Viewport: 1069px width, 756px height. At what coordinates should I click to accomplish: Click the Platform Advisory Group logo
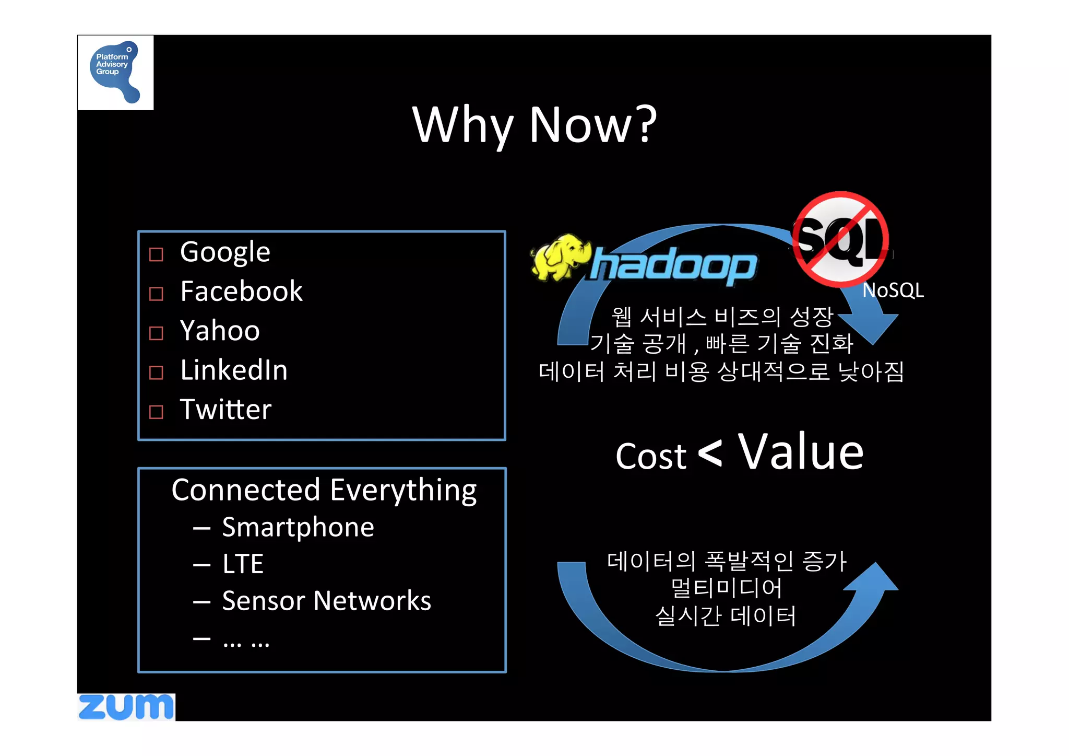pos(115,72)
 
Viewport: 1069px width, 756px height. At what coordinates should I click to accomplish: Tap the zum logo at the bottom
pos(126,707)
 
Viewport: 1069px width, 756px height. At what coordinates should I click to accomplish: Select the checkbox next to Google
pos(156,254)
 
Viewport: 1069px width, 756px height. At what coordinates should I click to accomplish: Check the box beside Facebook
pos(156,294)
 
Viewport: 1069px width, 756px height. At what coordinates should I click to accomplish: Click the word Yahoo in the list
pos(220,331)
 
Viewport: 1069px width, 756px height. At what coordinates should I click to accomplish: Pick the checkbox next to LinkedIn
pos(156,373)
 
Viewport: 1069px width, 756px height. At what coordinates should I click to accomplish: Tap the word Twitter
pos(225,409)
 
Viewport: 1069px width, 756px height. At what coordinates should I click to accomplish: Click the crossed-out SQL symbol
pos(840,239)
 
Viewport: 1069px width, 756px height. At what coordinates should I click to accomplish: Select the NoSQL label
pos(893,290)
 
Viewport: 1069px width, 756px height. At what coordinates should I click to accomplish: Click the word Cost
pos(651,456)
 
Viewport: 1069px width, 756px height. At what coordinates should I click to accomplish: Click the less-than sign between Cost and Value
pos(710,452)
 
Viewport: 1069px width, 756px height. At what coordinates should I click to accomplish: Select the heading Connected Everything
pos(324,490)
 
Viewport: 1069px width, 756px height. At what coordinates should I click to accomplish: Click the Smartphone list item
pos(298,527)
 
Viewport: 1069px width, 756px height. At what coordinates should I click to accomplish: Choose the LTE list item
pos(243,564)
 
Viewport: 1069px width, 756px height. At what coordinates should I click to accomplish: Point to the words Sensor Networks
pos(326,601)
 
